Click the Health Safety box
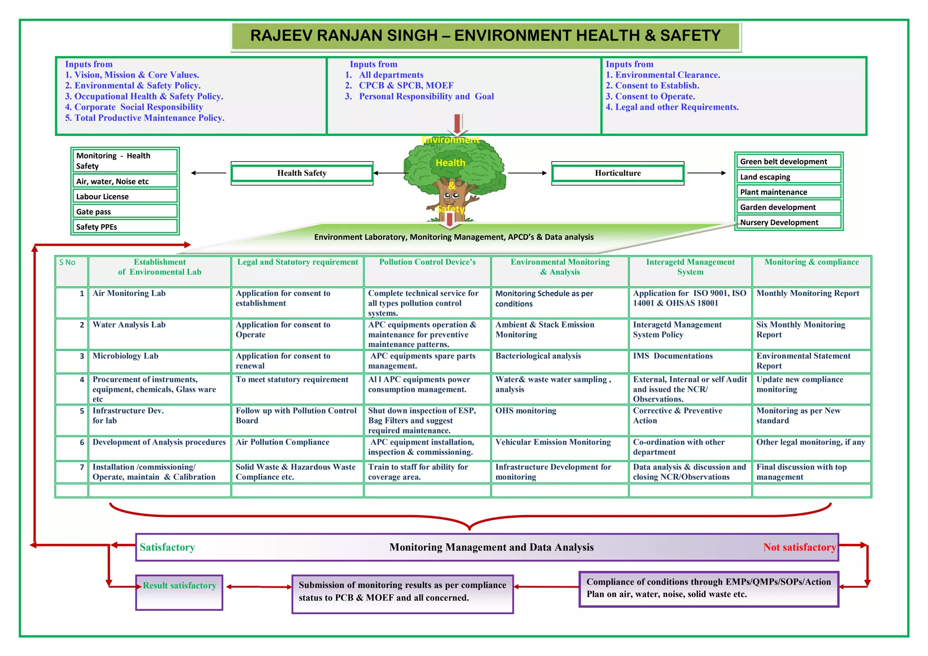(x=302, y=173)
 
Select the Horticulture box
(x=618, y=173)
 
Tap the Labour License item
(x=125, y=196)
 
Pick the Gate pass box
(x=125, y=212)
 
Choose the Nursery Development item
(x=788, y=222)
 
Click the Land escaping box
(x=788, y=177)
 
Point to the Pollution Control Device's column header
(x=427, y=262)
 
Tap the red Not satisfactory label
(x=799, y=547)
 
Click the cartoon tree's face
(x=451, y=196)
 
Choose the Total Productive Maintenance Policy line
(x=145, y=118)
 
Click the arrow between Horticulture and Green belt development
(x=706, y=173)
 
